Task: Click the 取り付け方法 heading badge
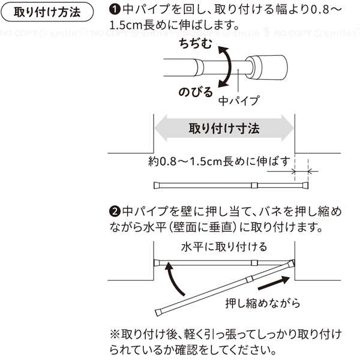pyautogui.click(x=47, y=12)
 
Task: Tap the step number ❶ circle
pyautogui.click(x=115, y=10)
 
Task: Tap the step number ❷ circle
pyautogui.click(x=115, y=211)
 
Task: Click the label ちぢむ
pyautogui.click(x=196, y=44)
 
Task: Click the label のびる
pyautogui.click(x=196, y=92)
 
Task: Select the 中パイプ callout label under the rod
pyautogui.click(x=239, y=101)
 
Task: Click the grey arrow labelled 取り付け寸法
pyautogui.click(x=224, y=128)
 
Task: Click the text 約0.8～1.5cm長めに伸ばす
pyautogui.click(x=219, y=161)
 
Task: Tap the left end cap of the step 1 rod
pyautogui.click(x=157, y=185)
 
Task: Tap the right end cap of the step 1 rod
pyautogui.click(x=305, y=185)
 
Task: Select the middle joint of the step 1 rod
pyautogui.click(x=254, y=185)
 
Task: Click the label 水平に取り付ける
pyautogui.click(x=224, y=247)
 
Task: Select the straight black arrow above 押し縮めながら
pyautogui.click(x=274, y=283)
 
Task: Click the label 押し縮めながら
pyautogui.click(x=263, y=303)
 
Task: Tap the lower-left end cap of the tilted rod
pyautogui.click(x=158, y=313)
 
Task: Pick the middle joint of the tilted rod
pyautogui.click(x=250, y=280)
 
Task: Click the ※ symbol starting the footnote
pyautogui.click(x=115, y=335)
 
